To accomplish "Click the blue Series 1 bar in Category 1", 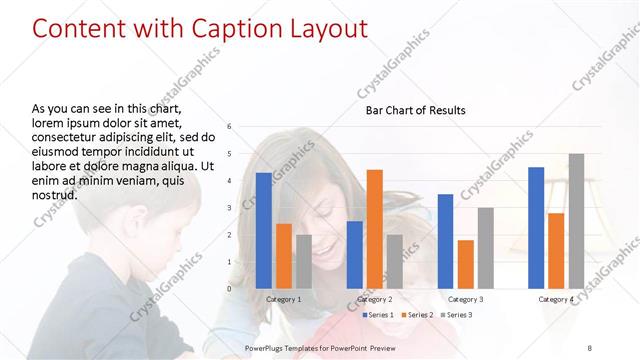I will (x=263, y=230).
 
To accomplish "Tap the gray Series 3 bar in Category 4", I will (x=576, y=221).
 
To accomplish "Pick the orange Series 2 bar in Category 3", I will (x=465, y=264).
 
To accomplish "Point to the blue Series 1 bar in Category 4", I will (x=536, y=227).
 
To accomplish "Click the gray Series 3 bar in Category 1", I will (x=304, y=261).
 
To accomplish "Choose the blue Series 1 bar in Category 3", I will (x=445, y=241).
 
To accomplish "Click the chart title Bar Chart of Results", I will (x=415, y=110).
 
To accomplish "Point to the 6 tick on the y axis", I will (x=230, y=127).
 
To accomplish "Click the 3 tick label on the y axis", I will (x=230, y=208).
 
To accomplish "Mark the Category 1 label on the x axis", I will (x=283, y=299).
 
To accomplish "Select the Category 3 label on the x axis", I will (x=465, y=299).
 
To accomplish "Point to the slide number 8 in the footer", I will (x=589, y=346).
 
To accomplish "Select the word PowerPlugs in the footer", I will (x=267, y=346).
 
